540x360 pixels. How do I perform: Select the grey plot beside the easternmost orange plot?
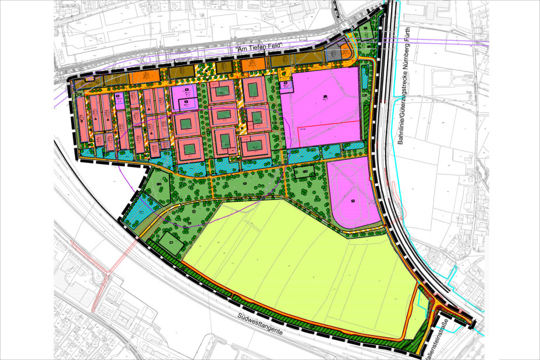335,54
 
